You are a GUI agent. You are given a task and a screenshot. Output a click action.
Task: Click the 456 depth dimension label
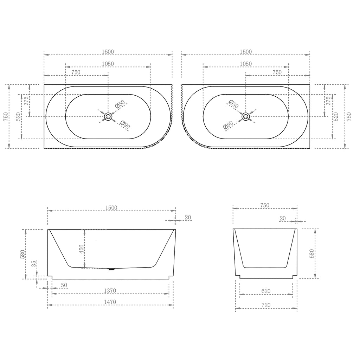click(x=82, y=249)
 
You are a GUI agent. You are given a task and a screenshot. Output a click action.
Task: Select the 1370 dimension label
click(x=110, y=291)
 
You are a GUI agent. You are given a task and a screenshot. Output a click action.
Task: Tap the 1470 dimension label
click(x=110, y=302)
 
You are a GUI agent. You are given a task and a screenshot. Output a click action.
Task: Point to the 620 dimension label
click(x=266, y=291)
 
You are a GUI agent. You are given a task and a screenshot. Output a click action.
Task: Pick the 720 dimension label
click(x=266, y=305)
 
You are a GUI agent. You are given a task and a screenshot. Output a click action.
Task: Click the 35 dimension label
click(x=34, y=264)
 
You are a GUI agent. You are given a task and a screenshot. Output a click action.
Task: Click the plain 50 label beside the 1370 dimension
click(x=64, y=285)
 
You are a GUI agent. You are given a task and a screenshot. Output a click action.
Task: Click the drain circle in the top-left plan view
click(x=108, y=117)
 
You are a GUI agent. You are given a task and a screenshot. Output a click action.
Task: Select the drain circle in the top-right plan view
click(x=246, y=117)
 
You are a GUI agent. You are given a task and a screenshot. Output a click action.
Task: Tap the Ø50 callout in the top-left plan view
click(x=120, y=104)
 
